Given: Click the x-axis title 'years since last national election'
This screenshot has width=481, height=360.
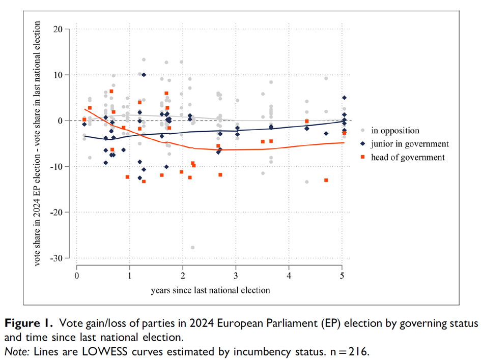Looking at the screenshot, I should click(210, 290).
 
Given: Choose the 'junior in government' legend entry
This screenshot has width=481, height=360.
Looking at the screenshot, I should click(409, 144).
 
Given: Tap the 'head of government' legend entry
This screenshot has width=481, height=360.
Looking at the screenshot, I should click(407, 157).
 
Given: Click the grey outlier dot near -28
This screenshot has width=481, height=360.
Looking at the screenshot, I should click(193, 248).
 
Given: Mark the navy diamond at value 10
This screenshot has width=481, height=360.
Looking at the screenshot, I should click(144, 75).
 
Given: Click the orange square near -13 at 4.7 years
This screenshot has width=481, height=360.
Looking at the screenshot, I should click(326, 181).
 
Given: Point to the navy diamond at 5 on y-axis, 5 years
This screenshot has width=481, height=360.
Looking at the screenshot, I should click(344, 98).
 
